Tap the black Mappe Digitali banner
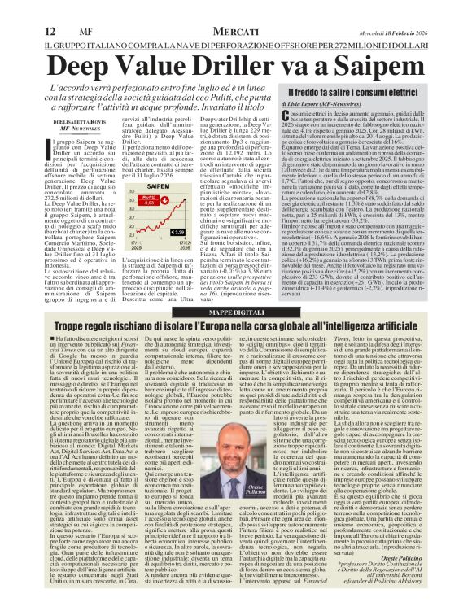tap(235, 289)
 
